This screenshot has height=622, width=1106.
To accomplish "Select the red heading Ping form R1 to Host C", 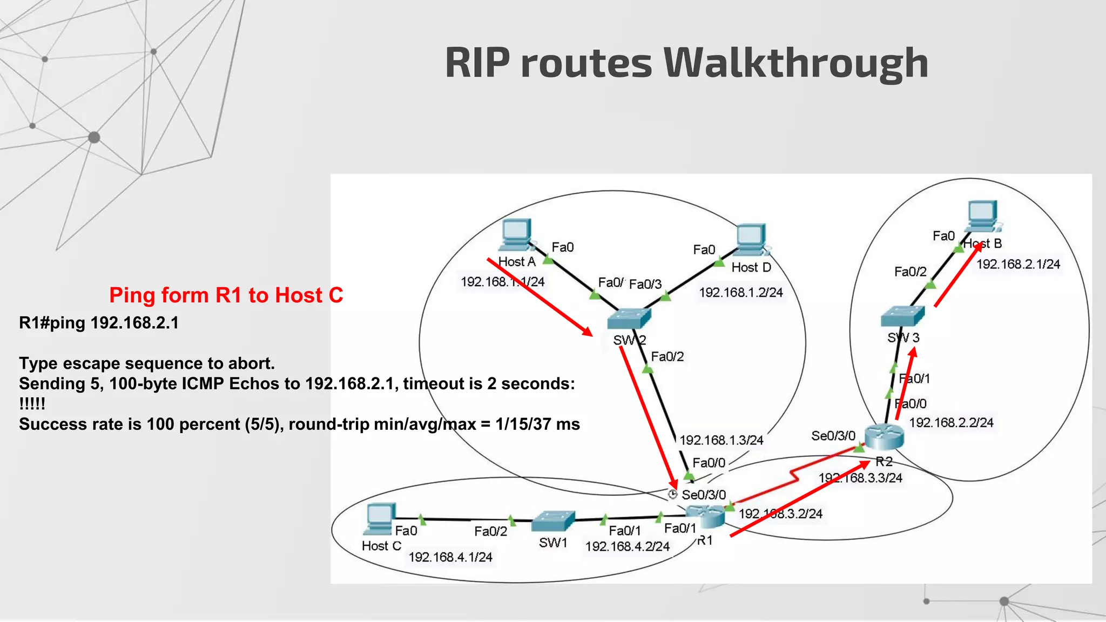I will coord(226,295).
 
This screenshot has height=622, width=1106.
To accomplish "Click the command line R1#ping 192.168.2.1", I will coord(99,323).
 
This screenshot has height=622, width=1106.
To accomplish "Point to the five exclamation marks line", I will coord(32,404).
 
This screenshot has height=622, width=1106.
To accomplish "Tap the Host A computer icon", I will coord(516,235).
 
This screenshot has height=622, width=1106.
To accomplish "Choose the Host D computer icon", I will coord(751,240).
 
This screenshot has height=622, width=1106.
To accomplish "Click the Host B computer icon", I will coord(983,216).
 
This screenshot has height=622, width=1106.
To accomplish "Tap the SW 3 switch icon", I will coord(902,316).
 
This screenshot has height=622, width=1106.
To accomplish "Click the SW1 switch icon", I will coord(552,521).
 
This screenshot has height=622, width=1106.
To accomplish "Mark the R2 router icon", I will coord(884,436).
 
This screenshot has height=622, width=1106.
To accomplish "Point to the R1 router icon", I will coord(705,517).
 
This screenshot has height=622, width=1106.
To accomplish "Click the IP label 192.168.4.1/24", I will coord(450,557).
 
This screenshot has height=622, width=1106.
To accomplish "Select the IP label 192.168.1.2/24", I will coord(741,293).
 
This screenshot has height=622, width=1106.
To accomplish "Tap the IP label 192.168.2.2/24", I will coord(951,423).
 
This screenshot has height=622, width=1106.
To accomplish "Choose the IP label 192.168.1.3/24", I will coord(721,441).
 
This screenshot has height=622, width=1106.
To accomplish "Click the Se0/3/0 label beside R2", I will coord(833,436).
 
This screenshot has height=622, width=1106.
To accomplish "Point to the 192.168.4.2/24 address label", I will coord(627,546).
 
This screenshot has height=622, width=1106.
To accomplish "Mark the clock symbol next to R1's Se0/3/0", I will coord(672,494).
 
